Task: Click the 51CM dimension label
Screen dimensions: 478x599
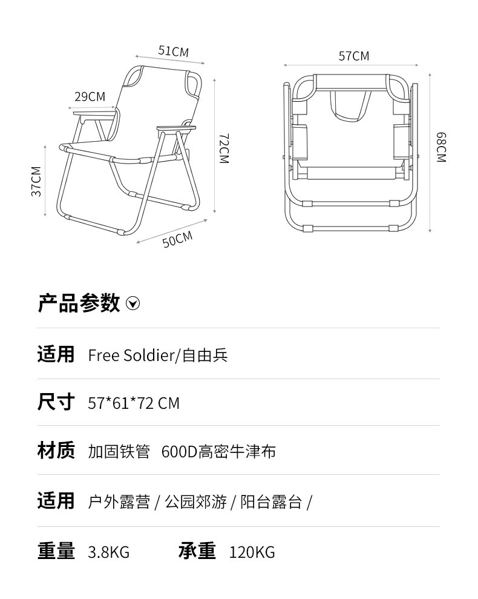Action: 173,51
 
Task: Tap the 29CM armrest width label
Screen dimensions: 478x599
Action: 90,96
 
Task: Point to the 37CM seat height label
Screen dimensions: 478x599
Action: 36,180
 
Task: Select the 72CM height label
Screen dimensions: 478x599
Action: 223,148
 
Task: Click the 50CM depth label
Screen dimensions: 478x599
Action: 177,239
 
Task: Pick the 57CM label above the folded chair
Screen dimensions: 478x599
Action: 353,56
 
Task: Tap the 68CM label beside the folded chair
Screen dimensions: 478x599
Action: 441,147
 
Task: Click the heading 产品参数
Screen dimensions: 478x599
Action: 79,303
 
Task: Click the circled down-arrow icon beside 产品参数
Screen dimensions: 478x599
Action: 133,303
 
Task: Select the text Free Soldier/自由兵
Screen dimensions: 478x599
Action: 157,355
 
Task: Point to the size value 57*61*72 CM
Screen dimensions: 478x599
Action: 134,403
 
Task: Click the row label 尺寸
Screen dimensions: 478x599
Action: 56,402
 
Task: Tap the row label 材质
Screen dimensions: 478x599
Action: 56,451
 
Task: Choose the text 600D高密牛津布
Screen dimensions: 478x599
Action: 218,452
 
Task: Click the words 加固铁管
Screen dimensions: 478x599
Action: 119,452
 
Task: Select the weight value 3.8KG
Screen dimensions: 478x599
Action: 109,552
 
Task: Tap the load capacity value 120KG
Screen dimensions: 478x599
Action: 252,552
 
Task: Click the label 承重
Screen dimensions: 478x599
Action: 197,551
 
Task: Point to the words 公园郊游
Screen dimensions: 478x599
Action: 195,502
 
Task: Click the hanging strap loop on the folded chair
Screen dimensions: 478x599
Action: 350,107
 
